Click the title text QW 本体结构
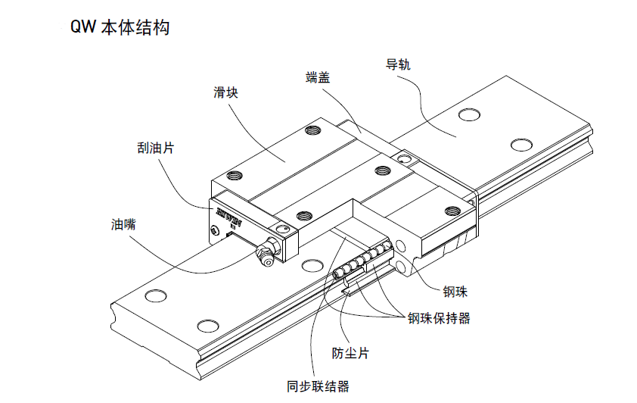pos(119,28)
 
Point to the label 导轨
pos(398,65)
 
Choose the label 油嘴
pos(123,224)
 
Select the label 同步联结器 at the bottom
pos(318,386)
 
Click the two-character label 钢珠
pos(457,289)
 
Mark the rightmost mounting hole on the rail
pos(521,145)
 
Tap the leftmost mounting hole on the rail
pos(154,295)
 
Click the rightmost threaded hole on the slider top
pos(452,211)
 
